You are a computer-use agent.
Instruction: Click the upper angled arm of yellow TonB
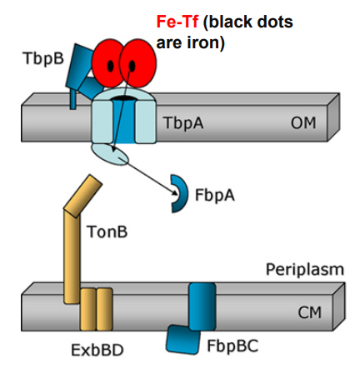click(x=82, y=193)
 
